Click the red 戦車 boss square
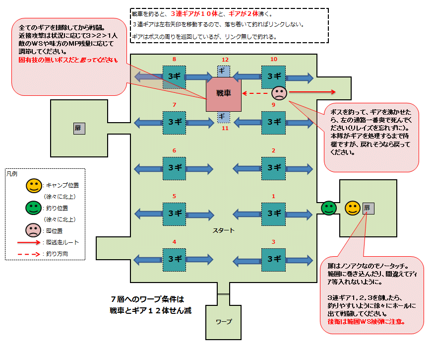pyautogui.click(x=224, y=94)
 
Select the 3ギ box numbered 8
pyautogui.click(x=174, y=76)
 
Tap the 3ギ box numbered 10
pyautogui.click(x=273, y=76)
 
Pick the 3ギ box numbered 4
pyautogui.click(x=174, y=259)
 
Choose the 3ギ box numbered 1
pyautogui.click(x=273, y=214)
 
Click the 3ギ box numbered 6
pyautogui.click(x=174, y=168)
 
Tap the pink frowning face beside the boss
pyautogui.click(x=279, y=93)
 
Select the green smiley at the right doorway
pyautogui.click(x=328, y=208)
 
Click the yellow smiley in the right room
pyautogui.click(x=353, y=208)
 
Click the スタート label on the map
pyautogui.click(x=224, y=231)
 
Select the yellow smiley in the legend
pyautogui.click(x=34, y=186)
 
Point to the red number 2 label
pyautogui.click(x=273, y=150)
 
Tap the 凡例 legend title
pyautogui.click(x=12, y=174)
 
